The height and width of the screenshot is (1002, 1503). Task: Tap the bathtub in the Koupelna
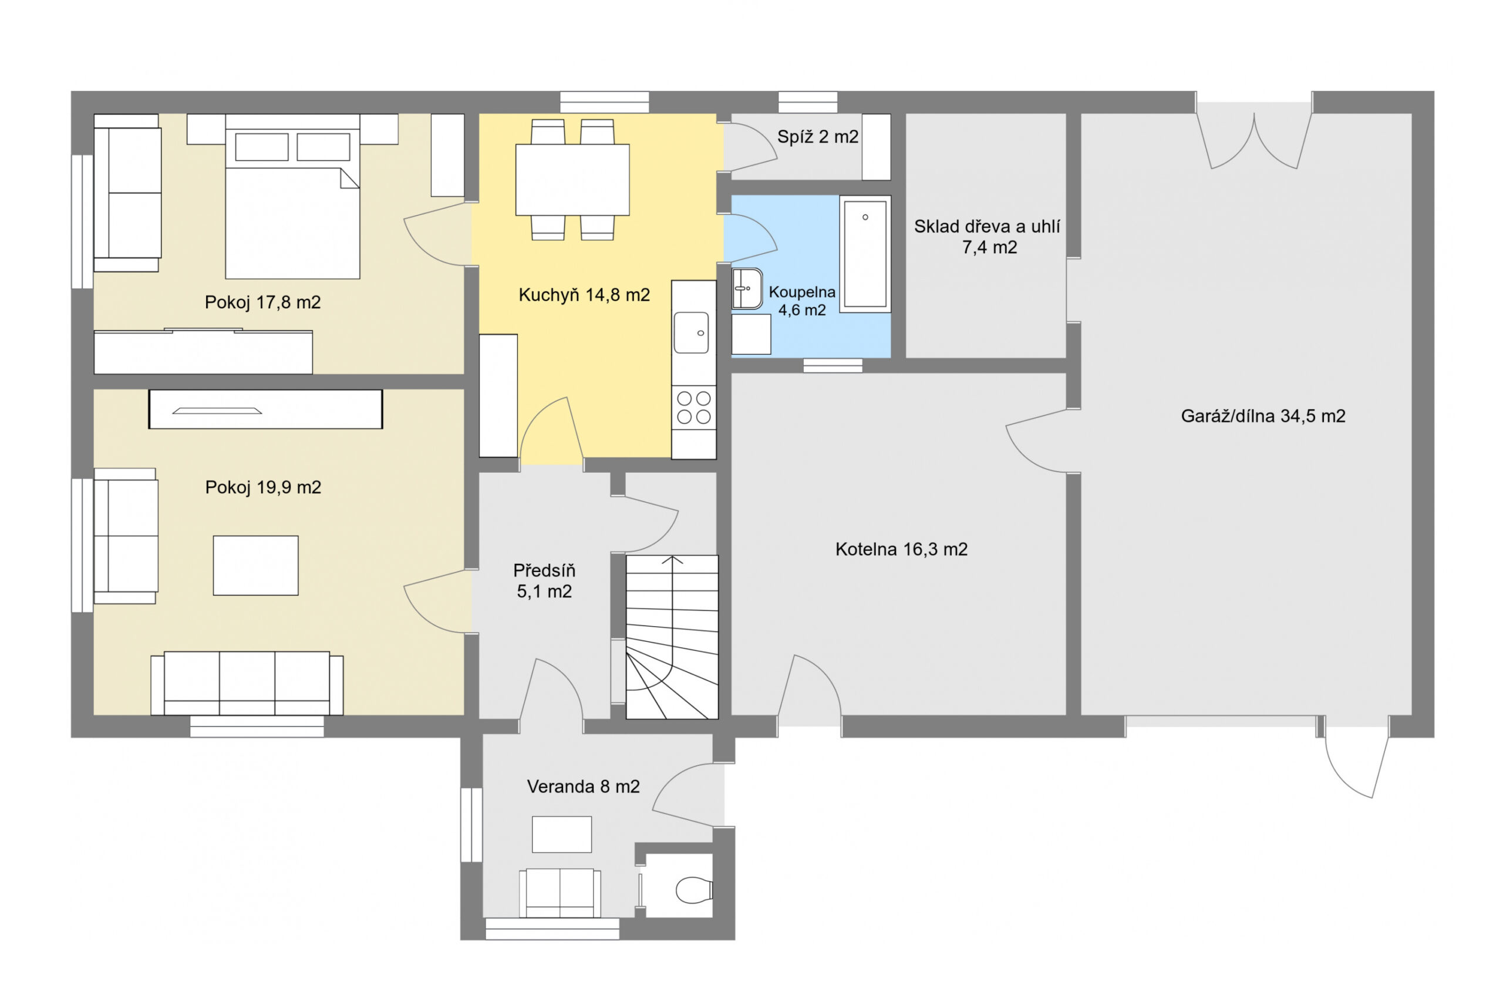[x=865, y=254]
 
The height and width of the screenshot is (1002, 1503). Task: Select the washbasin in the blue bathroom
[x=747, y=289]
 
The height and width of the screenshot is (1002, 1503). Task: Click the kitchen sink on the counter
[x=691, y=332]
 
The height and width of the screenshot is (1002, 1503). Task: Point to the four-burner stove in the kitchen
[x=694, y=408]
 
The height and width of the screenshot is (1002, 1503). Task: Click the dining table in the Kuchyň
[x=572, y=180]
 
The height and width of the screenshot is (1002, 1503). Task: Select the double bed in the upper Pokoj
[x=292, y=197]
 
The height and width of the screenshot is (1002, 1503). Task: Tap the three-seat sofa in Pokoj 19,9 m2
[x=247, y=683]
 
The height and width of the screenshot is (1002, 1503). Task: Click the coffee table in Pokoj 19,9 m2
[x=255, y=566]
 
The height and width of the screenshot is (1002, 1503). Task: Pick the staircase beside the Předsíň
[x=672, y=637]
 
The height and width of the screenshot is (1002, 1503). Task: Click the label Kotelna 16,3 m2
[x=901, y=549]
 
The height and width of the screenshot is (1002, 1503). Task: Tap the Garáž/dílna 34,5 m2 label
[x=1263, y=416]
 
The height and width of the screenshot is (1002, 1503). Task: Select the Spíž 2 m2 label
[x=818, y=137]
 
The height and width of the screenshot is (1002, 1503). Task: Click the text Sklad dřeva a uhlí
[x=987, y=226]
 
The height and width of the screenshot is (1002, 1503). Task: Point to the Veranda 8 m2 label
[x=583, y=786]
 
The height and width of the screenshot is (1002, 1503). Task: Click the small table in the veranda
[x=562, y=834]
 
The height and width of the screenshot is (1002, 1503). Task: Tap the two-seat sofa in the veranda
[x=560, y=893]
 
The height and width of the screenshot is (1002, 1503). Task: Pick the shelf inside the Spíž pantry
[x=877, y=147]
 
